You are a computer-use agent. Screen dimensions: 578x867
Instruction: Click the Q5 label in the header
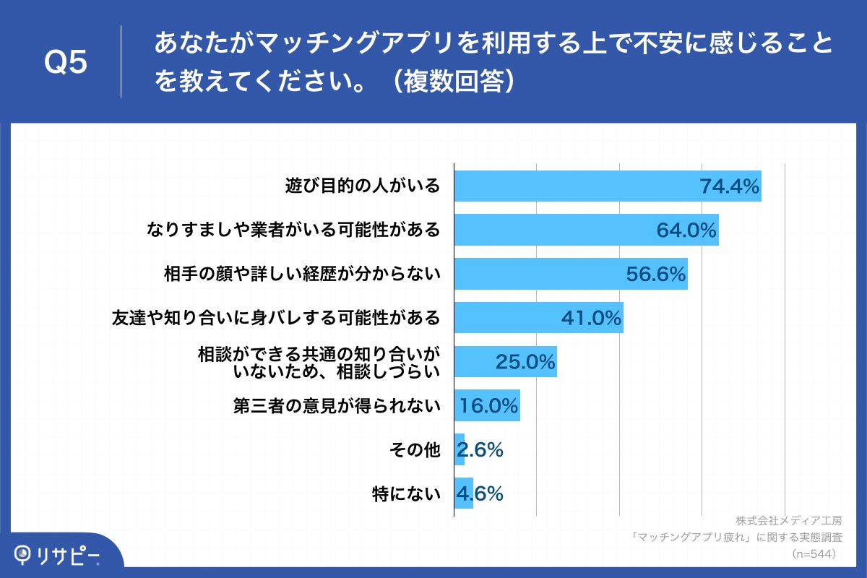click(x=66, y=63)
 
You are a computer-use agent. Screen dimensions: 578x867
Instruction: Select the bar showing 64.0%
click(x=564, y=230)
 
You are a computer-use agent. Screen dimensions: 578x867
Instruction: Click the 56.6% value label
click(x=655, y=275)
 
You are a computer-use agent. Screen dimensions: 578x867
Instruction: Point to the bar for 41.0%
click(x=506, y=318)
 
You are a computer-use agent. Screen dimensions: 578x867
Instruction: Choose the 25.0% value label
click(x=525, y=362)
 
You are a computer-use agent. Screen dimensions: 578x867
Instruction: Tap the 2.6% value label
click(x=480, y=450)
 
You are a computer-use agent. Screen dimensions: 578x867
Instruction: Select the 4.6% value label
click(x=480, y=494)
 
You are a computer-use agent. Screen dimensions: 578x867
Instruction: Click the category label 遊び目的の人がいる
click(x=362, y=186)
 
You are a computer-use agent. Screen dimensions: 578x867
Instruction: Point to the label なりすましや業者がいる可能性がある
click(x=293, y=230)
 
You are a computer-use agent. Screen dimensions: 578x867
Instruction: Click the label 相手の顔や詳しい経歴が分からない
click(x=302, y=275)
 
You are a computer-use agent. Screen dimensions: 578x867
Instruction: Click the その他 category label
click(x=414, y=450)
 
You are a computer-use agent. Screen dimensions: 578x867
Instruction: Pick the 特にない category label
click(x=405, y=494)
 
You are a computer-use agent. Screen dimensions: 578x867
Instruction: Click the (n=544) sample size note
click(x=814, y=554)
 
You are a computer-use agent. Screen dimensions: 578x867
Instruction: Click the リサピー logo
click(x=58, y=555)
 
